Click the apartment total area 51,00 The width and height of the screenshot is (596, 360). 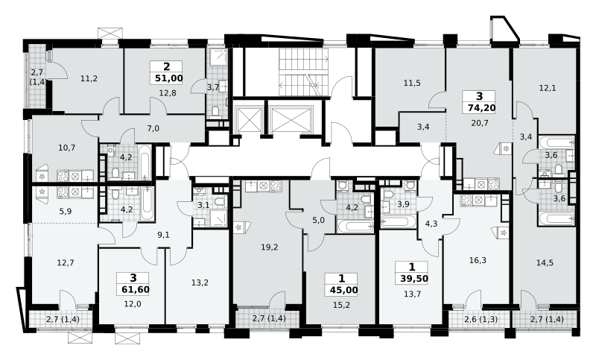[x=169, y=79]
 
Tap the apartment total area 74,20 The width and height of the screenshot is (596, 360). [x=481, y=108]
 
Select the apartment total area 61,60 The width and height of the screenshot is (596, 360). [x=136, y=290]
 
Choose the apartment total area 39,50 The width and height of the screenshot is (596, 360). [x=414, y=279]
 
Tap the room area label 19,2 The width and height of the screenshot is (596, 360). [x=270, y=247]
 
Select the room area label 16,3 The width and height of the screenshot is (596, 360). [x=478, y=260]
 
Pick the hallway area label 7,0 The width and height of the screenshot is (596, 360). [x=153, y=128]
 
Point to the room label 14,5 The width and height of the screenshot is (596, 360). [x=545, y=262]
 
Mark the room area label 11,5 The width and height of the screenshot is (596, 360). [x=412, y=83]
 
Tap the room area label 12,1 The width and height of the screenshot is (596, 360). [x=548, y=88]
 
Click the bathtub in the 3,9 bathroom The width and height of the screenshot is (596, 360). [x=398, y=221]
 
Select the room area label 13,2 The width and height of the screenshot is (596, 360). [x=200, y=282]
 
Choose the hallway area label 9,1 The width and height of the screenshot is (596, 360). [x=163, y=236]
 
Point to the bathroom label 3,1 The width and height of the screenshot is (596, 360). [x=203, y=205]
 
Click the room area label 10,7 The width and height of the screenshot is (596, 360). [x=67, y=148]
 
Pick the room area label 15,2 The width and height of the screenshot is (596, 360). [x=342, y=305]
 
